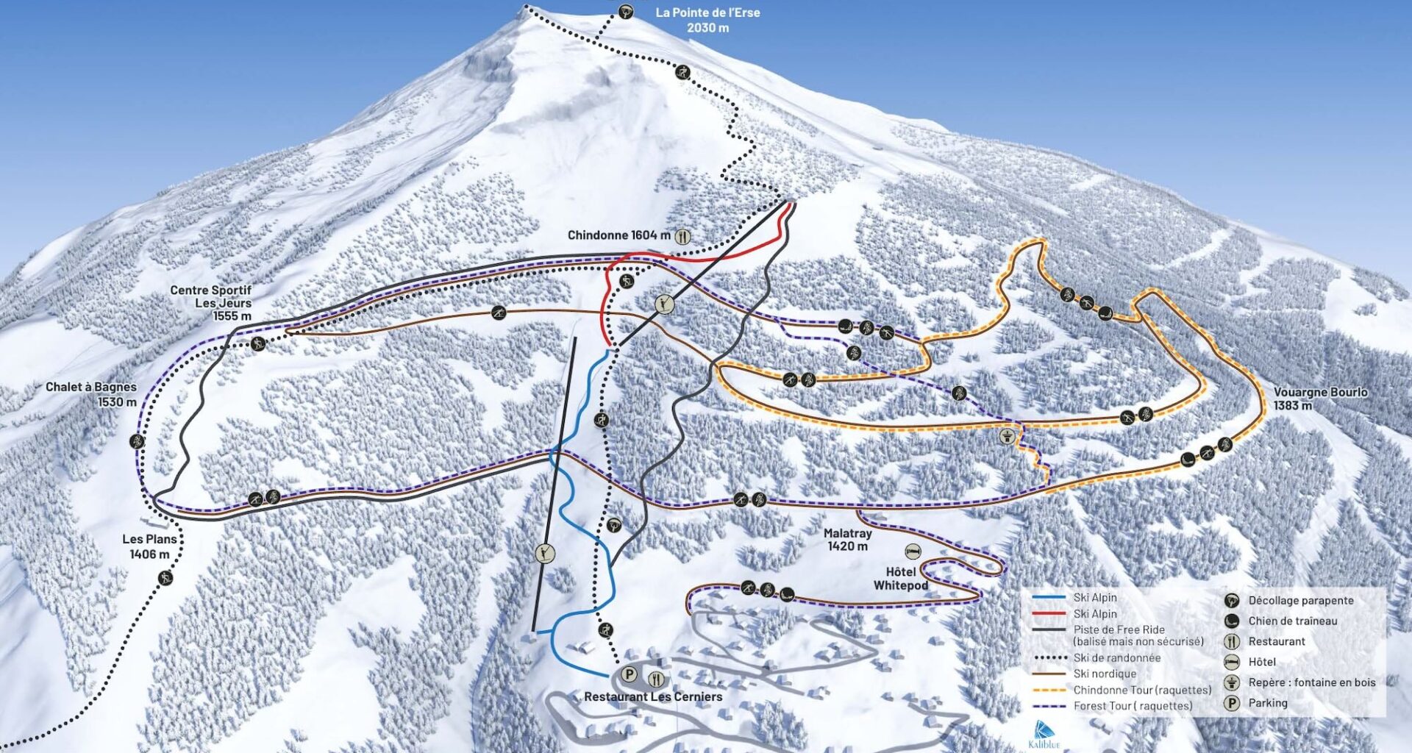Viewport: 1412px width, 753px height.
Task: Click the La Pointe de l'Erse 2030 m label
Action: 707,20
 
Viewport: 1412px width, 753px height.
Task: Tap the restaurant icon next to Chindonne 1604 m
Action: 683,236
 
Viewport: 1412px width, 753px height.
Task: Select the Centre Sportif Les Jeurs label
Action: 211,302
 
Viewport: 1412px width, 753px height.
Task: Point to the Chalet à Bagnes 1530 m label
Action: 91,394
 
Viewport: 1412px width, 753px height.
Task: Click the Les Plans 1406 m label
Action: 149,546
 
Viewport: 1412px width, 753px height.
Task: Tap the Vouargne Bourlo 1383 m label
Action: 1320,399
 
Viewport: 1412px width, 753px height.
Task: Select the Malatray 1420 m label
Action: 847,540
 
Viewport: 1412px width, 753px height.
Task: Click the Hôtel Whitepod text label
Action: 901,579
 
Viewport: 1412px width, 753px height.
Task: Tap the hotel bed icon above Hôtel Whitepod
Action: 913,552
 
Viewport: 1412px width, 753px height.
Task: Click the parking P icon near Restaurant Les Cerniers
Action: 629,674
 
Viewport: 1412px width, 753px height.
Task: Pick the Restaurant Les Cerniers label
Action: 653,696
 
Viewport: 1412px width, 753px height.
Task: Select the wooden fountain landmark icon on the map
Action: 1006,437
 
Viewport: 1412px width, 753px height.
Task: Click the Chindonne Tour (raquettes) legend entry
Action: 1141,690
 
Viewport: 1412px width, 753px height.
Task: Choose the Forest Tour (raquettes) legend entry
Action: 1133,706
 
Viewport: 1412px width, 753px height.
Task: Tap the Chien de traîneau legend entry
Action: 1292,621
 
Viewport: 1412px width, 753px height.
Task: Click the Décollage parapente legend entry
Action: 1300,600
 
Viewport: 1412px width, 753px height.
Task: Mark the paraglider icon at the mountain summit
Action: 625,11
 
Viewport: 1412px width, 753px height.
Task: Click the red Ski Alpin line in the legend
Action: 1049,613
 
